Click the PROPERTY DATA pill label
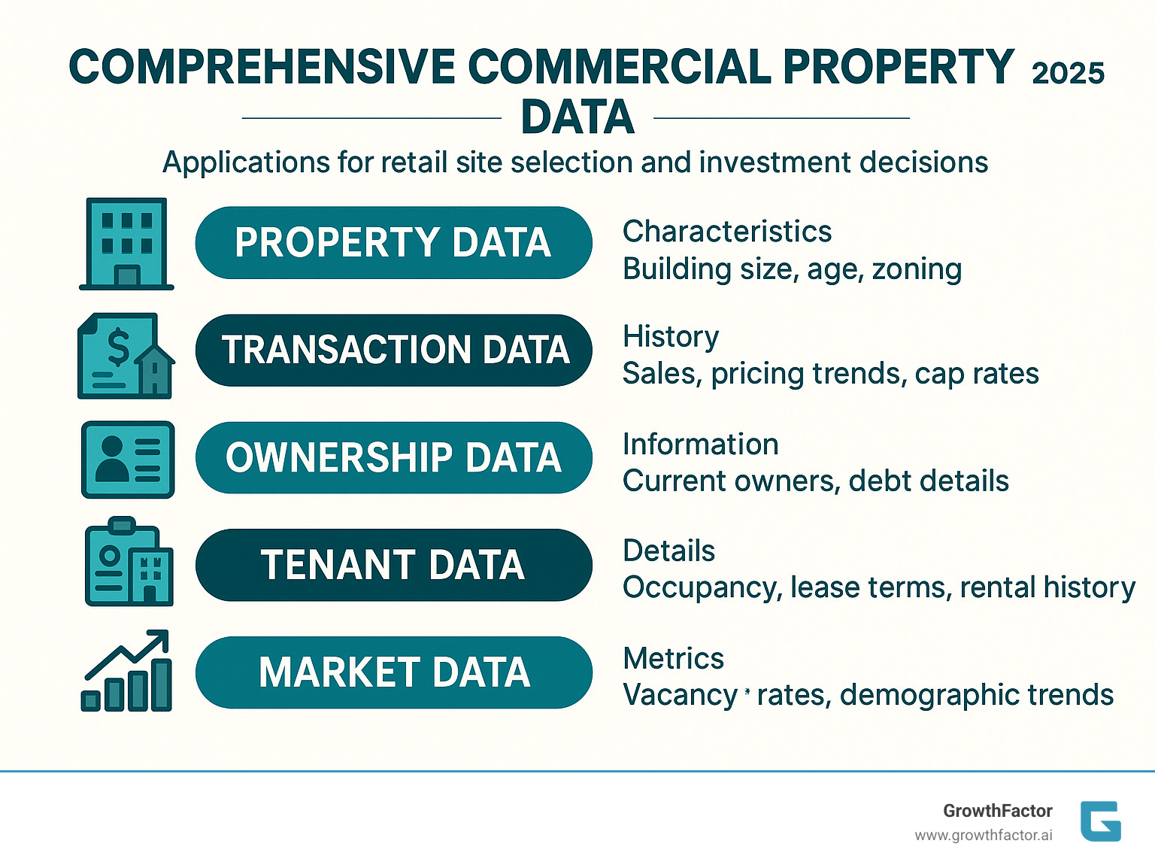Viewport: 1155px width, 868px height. pos(393,243)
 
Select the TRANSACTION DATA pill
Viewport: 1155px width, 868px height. pos(393,351)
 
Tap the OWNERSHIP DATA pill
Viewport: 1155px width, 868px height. pos(393,458)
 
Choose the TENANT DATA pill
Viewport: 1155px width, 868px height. pos(393,565)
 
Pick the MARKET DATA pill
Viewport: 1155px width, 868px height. pos(393,672)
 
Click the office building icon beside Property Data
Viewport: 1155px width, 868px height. pos(126,244)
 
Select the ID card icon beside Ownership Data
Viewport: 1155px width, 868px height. pos(128,460)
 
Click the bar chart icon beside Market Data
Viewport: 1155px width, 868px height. pos(126,671)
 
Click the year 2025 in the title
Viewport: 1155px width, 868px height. pos(1068,73)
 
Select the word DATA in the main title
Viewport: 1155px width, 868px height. pos(577,118)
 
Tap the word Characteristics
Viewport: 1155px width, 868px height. pos(727,232)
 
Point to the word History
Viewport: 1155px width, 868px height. pos(671,336)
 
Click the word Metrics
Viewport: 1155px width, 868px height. pos(673,659)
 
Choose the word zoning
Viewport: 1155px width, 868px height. pos(917,269)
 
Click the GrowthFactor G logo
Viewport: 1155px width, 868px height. pos(1100,821)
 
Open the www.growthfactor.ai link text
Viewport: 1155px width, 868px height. pos(984,836)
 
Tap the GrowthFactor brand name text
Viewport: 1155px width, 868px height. pos(998,811)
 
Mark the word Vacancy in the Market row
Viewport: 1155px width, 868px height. pos(680,696)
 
